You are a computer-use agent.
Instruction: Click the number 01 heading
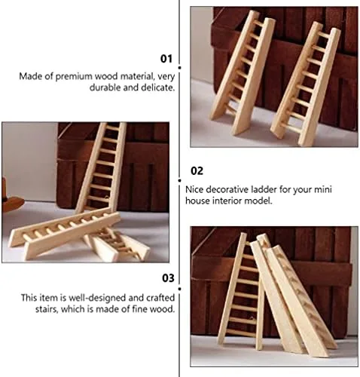(x=166, y=59)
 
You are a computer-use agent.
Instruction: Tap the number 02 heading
(x=197, y=171)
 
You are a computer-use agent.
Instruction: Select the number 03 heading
(x=168, y=278)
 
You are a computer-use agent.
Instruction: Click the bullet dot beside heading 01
(x=179, y=68)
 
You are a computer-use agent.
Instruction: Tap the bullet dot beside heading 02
(x=179, y=180)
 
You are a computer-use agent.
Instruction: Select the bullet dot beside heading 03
(x=179, y=289)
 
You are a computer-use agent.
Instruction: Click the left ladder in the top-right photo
(x=243, y=73)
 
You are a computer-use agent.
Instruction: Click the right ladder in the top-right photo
(x=305, y=84)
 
